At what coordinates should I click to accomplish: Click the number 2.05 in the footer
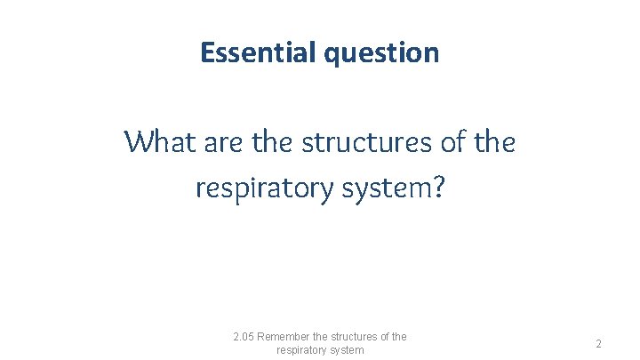[244, 337]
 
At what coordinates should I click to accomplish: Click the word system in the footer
[347, 350]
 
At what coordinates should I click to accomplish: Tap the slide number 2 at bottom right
[599, 344]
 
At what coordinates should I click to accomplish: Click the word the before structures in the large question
[277, 140]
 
